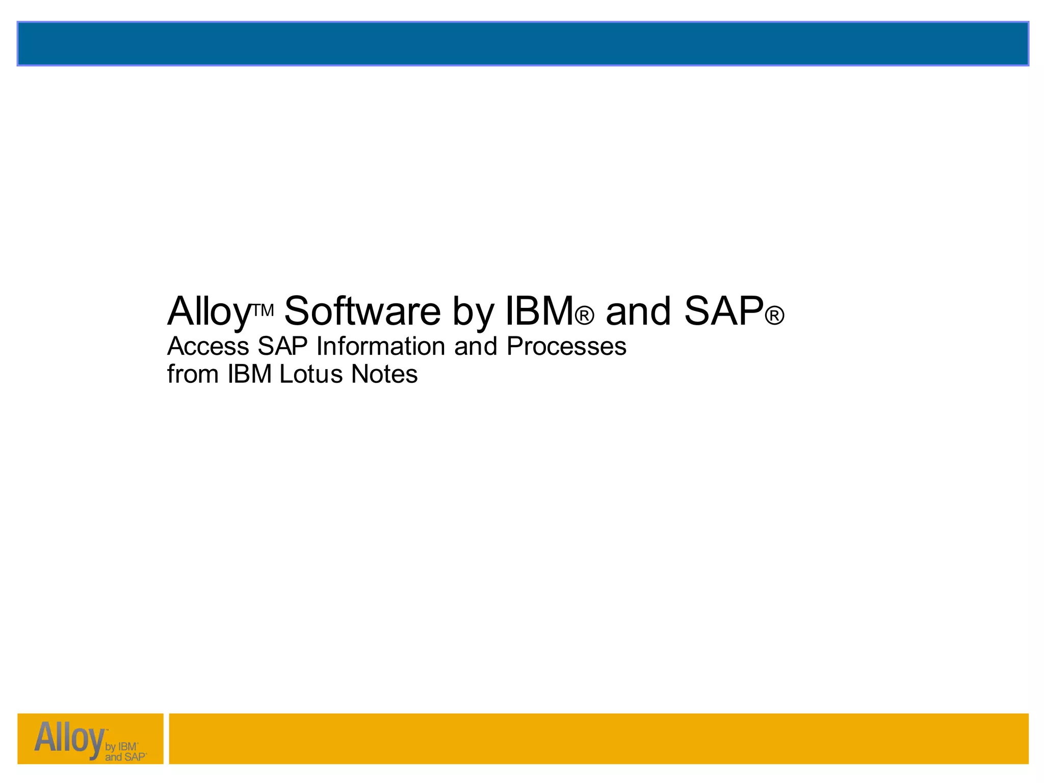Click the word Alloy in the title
(209, 312)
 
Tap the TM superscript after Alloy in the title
(264, 310)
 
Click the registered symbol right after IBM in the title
(584, 316)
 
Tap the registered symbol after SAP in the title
(774, 316)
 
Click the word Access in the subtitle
(208, 347)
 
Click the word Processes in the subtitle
(566, 347)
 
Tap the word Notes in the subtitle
(384, 374)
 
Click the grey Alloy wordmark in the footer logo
(69, 738)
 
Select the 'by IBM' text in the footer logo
(121, 747)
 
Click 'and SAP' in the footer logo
(125, 758)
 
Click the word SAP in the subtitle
(282, 347)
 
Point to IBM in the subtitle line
(250, 374)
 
